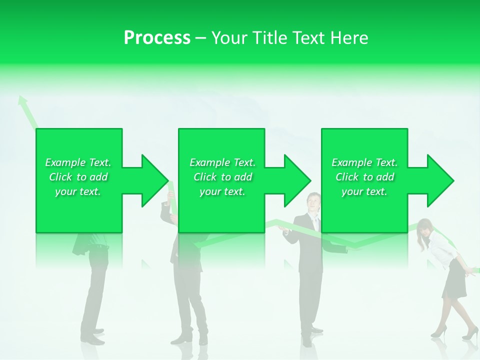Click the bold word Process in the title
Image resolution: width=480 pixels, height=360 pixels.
(x=157, y=38)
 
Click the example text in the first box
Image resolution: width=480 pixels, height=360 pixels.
(x=78, y=177)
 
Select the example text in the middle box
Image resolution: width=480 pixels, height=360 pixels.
(x=222, y=177)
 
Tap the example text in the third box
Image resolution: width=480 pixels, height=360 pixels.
(x=364, y=177)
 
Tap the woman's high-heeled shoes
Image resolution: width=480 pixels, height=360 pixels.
(x=452, y=332)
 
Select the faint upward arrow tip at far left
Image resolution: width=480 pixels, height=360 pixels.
(x=21, y=99)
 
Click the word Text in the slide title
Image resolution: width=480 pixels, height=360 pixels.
(x=307, y=38)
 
